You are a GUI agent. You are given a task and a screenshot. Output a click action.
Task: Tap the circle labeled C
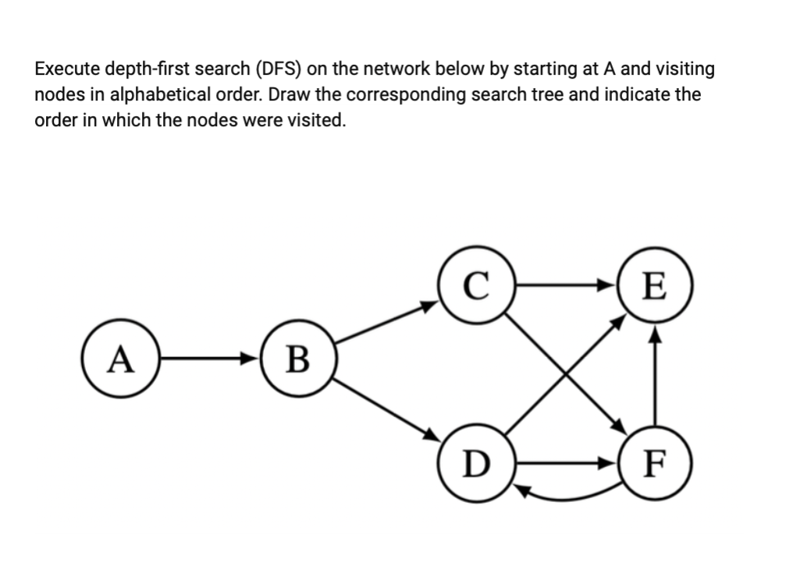click(x=476, y=285)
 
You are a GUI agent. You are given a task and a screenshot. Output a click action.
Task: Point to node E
click(x=654, y=286)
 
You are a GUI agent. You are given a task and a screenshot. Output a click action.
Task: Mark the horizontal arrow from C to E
click(x=565, y=285)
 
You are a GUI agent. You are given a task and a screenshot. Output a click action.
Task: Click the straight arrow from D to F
click(x=565, y=462)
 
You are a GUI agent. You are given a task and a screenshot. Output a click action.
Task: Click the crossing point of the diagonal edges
click(x=565, y=374)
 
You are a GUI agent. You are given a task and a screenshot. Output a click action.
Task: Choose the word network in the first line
click(x=401, y=69)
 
